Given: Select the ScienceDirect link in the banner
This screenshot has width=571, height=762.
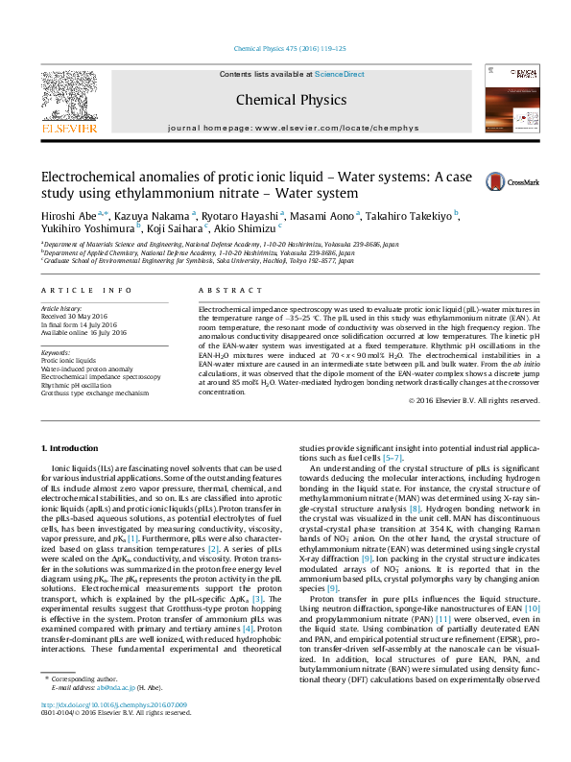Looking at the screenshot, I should click(340, 74).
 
